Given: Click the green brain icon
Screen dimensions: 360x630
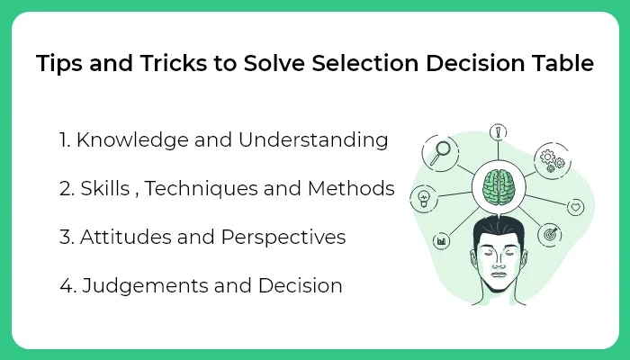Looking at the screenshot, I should (498, 185).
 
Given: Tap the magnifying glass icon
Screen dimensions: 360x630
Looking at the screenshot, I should (443, 151).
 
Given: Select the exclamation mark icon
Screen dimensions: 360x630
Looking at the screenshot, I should (497, 132).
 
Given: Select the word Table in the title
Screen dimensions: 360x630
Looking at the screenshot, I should (564, 66).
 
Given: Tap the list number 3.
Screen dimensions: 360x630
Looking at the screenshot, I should (65, 238).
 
